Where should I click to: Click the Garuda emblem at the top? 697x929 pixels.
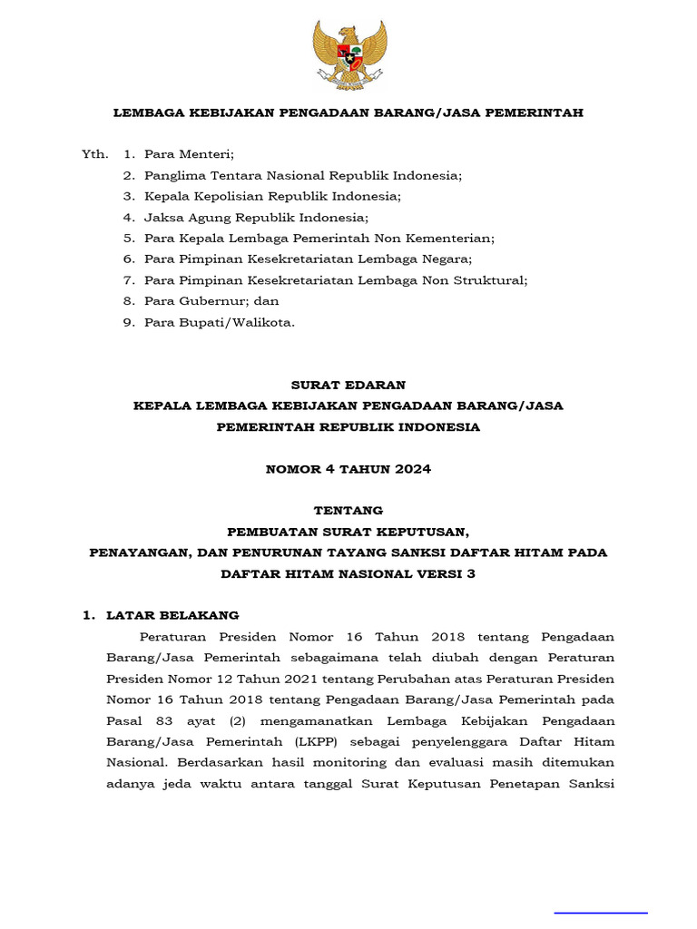point(349,54)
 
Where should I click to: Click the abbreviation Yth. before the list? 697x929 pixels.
point(94,154)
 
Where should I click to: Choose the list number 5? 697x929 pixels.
point(129,239)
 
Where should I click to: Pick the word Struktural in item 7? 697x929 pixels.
point(491,280)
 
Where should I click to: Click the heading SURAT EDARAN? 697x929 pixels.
point(349,385)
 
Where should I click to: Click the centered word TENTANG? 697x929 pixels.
point(349,511)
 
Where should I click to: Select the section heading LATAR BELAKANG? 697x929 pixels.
point(172,615)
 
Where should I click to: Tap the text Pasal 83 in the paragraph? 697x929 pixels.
point(131,720)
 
